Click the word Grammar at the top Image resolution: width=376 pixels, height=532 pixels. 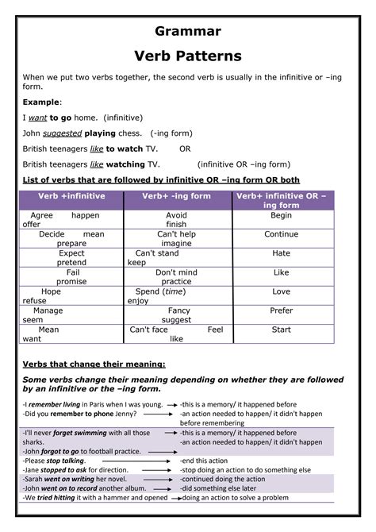click(187, 31)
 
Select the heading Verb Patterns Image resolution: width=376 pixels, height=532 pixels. click(187, 56)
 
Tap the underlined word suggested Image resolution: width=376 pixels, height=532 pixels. click(63, 133)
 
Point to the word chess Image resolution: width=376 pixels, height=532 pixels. click(131, 133)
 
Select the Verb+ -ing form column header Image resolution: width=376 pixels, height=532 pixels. click(177, 195)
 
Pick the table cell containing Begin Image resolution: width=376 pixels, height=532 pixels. click(282, 215)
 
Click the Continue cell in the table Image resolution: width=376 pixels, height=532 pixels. click(282, 234)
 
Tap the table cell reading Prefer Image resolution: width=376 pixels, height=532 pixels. click(282, 310)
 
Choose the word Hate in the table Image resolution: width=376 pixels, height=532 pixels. click(282, 253)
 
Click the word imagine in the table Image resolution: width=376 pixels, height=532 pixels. click(176, 244)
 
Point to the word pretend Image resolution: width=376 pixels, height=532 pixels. click(71, 263)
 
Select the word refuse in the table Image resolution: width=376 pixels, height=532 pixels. click(35, 301)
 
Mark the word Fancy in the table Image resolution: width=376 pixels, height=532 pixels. click(179, 310)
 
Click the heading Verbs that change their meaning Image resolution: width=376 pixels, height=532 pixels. click(94, 364)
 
